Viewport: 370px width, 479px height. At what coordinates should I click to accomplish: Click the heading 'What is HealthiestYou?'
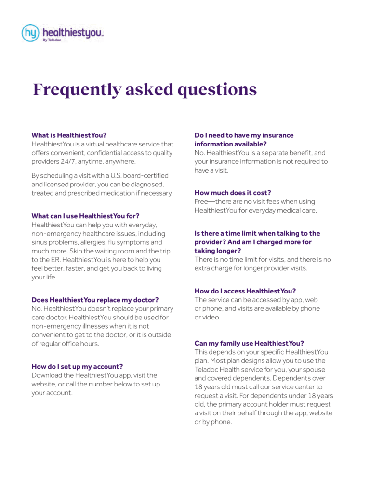(69, 135)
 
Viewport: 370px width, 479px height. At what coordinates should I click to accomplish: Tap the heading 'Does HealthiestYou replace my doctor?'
(95, 300)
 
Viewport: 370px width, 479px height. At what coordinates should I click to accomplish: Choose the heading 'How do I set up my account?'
(77, 366)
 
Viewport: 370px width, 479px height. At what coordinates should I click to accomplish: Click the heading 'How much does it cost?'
(233, 193)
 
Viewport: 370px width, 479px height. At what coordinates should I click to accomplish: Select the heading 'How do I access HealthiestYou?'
(245, 291)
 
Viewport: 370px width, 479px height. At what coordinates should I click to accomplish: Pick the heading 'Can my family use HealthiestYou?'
(249, 343)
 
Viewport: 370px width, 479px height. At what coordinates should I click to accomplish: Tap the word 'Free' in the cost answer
(202, 201)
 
